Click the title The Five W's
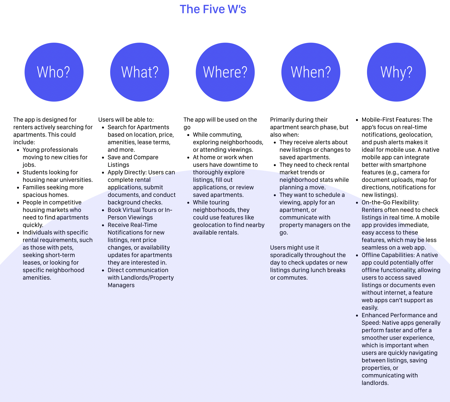[213, 9]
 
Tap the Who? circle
[54, 72]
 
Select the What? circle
[139, 72]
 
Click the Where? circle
[225, 72]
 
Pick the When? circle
[311, 72]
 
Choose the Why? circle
[396, 72]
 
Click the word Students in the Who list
[33, 172]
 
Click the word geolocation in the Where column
[208, 225]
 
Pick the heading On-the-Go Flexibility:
[390, 203]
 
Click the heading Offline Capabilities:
[388, 255]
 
